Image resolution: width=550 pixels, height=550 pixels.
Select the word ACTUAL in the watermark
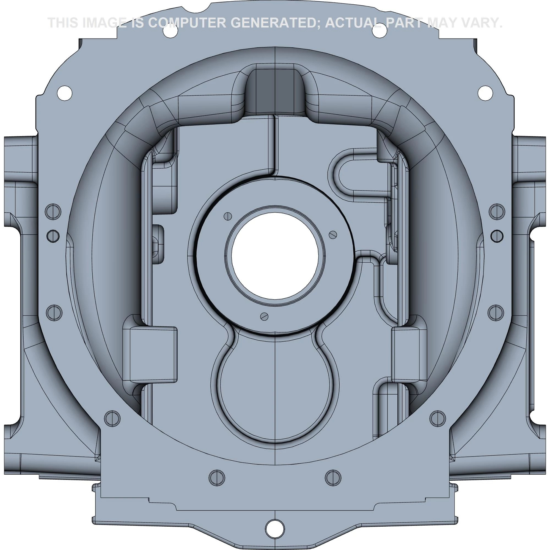pos(353,23)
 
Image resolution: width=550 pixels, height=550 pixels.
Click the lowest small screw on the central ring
pos(265,316)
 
